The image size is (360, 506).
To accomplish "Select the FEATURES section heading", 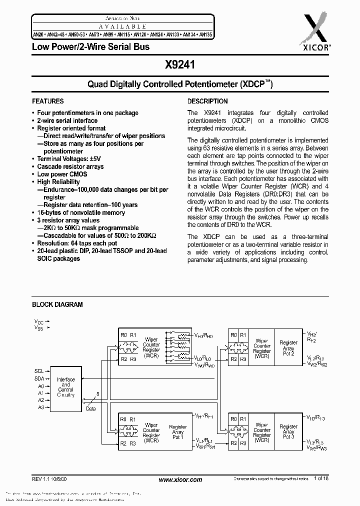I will click(48, 101).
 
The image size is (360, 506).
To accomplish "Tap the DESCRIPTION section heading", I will click(207, 101).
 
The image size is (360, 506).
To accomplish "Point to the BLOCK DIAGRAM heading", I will click(57, 304).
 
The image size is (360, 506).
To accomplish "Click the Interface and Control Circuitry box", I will click(65, 387).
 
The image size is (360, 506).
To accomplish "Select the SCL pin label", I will click(38, 371).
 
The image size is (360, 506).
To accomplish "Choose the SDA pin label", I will click(38, 379).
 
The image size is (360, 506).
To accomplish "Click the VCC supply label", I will click(38, 321).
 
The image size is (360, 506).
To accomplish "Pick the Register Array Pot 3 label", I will click(288, 431).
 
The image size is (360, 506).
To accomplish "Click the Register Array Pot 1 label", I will click(177, 432).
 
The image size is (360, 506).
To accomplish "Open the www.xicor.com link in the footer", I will click(180, 479).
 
